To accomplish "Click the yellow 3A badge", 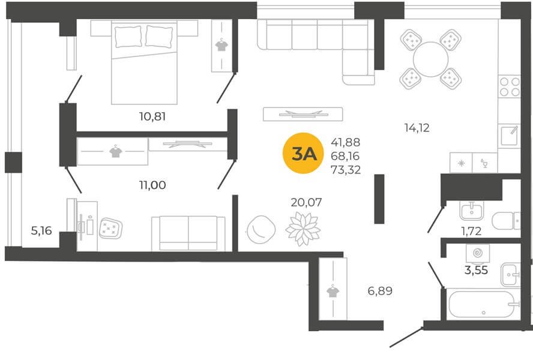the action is (x=303, y=154).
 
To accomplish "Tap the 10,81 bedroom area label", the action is (x=152, y=116).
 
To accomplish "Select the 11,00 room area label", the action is (x=152, y=185).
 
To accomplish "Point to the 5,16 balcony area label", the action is (x=41, y=231).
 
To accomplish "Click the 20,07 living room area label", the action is (x=306, y=202).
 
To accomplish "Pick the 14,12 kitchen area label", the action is (x=417, y=128).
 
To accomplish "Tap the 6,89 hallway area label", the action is (x=380, y=291).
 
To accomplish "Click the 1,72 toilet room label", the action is (x=471, y=231).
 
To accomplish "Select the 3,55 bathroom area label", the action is (x=476, y=270).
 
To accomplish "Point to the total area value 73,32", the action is (x=346, y=169).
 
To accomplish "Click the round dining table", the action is (x=431, y=59).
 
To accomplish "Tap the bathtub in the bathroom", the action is (x=484, y=304).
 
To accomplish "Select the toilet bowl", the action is (x=506, y=221).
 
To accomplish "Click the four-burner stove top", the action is (x=509, y=86).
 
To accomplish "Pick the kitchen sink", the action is (x=509, y=136).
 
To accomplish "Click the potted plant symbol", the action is (x=303, y=229).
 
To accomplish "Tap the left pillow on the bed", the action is (x=128, y=37).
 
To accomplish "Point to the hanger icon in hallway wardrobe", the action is (x=333, y=292).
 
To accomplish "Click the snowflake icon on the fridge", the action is (x=462, y=163).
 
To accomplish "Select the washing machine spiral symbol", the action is (x=478, y=253).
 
